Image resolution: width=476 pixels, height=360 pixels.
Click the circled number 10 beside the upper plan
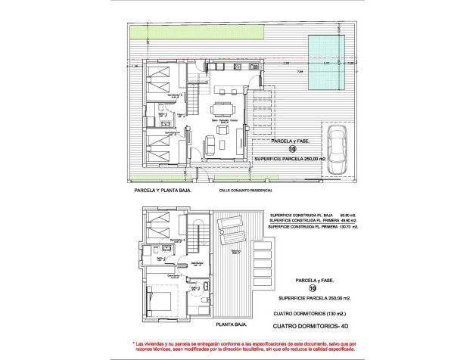pyautogui.click(x=282, y=150)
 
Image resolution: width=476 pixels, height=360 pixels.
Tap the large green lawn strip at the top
pyautogui.click(x=197, y=33)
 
